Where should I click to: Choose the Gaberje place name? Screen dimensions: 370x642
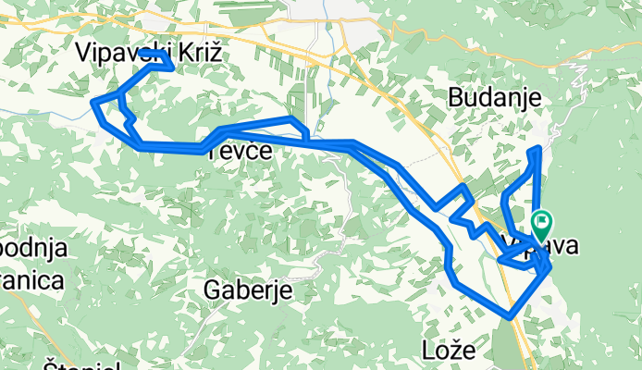tap(247, 290)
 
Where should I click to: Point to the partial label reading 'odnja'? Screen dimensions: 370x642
tap(31, 248)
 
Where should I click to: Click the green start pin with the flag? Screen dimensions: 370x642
tap(542, 223)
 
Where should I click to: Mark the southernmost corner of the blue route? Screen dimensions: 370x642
tap(510, 317)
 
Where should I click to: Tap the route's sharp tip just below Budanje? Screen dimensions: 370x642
tap(537, 149)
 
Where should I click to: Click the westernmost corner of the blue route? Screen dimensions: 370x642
tap(95, 104)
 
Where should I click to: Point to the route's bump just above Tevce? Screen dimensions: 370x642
tap(292, 120)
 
